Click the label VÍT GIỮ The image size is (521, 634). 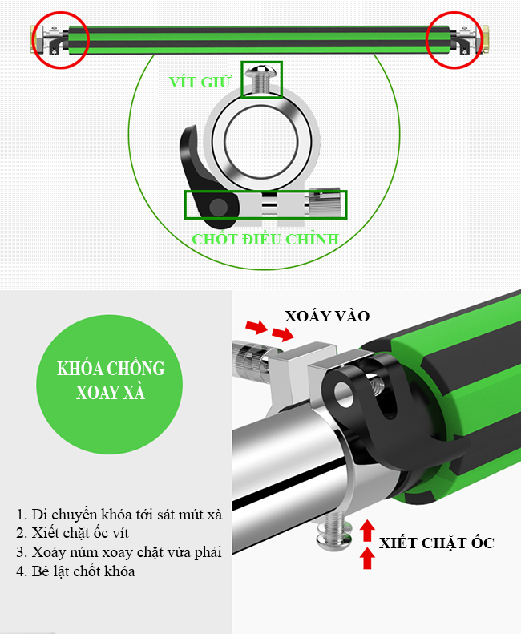[x=200, y=81]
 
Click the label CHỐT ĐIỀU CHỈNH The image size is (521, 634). [x=265, y=239]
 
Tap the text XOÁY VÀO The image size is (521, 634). [x=327, y=316]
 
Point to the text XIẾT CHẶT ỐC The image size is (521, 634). [x=437, y=543]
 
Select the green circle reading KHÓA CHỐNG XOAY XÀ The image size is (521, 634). [x=110, y=384]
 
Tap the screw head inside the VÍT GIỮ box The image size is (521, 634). [x=262, y=71]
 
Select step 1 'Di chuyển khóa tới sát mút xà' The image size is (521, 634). [x=119, y=515]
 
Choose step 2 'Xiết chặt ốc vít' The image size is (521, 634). [x=72, y=533]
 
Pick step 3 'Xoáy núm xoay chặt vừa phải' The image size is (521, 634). [x=119, y=552]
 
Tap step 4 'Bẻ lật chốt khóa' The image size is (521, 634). [x=75, y=571]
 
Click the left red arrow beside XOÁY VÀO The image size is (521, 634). [x=256, y=326]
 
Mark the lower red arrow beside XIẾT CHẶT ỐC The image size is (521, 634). [x=367, y=558]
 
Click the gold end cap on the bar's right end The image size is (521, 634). [x=486, y=39]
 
